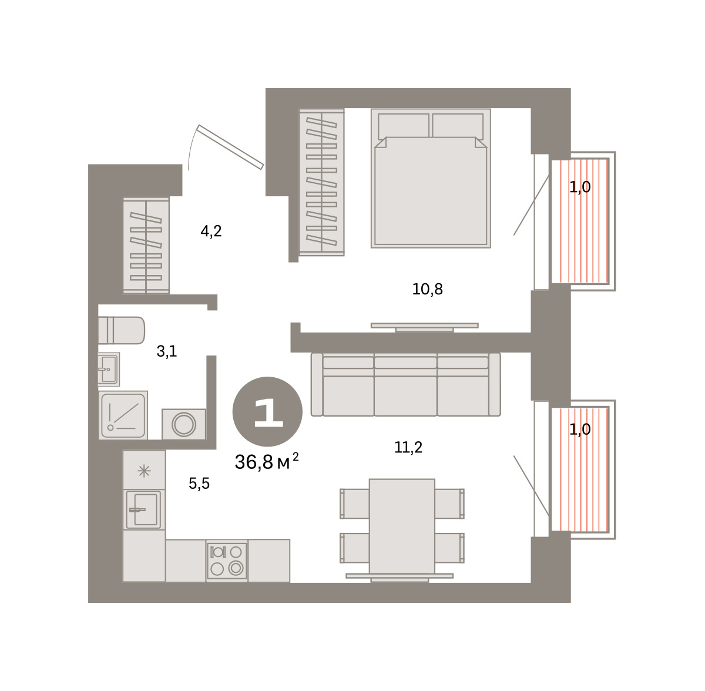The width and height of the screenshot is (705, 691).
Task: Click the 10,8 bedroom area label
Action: click(427, 290)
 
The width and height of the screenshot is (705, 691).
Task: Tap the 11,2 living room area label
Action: click(408, 447)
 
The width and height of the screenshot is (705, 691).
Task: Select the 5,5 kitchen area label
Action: click(199, 484)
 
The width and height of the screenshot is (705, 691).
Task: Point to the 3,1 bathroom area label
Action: click(166, 352)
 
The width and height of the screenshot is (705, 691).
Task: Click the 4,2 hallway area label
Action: click(211, 232)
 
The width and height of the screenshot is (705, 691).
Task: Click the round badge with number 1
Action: click(267, 411)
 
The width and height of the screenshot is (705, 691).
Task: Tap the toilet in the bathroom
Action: click(122, 330)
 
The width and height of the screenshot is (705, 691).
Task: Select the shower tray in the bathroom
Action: click(123, 415)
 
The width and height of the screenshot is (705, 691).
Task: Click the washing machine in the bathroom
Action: click(184, 424)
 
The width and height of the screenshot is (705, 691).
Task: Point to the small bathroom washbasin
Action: click(109, 369)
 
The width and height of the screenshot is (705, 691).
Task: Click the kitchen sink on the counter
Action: click(144, 509)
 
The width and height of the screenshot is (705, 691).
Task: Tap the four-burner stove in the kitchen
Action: click(227, 561)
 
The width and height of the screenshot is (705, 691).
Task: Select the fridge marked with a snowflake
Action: click(144, 469)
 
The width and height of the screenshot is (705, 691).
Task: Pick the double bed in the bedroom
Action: click(431, 178)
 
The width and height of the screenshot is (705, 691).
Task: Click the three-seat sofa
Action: click(405, 384)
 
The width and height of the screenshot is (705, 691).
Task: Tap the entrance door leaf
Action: click(230, 147)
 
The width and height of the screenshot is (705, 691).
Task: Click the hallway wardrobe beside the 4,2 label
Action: click(146, 246)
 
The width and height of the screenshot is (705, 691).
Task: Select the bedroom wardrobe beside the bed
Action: click(321, 182)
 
